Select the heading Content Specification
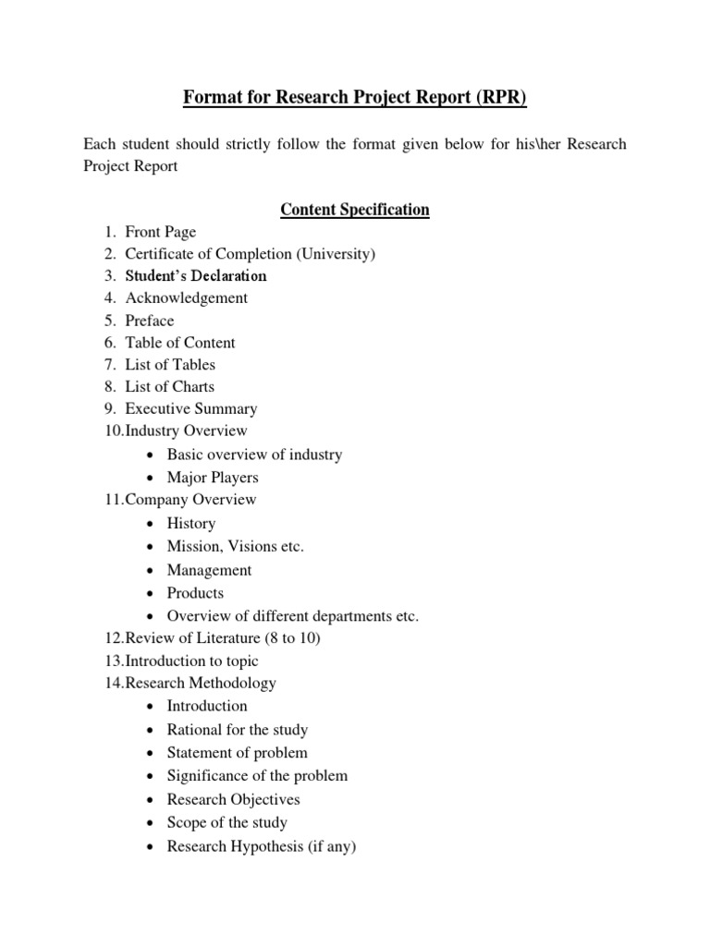[355, 210]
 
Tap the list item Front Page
[161, 232]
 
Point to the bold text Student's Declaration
[196, 276]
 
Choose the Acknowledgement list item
[187, 298]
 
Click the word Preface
[150, 321]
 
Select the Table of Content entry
[180, 343]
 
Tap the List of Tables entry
[170, 365]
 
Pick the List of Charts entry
[170, 387]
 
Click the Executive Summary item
[191, 409]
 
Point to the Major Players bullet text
[213, 478]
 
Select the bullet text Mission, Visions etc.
[235, 546]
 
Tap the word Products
[195, 593]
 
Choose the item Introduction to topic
[191, 661]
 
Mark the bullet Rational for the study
[238, 730]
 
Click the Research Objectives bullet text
[233, 799]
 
